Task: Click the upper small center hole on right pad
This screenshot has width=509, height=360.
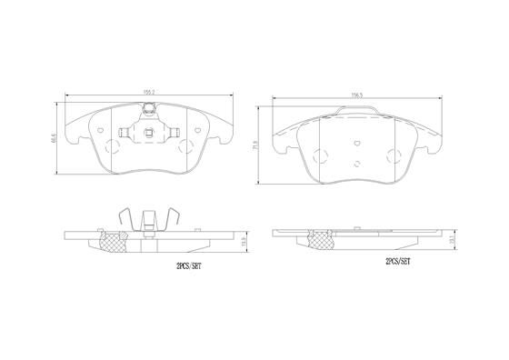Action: [x=357, y=143]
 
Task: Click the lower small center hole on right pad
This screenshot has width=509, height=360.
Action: [x=357, y=165]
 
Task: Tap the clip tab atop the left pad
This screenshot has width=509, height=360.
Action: [x=148, y=110]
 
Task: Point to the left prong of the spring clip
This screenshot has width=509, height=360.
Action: [x=125, y=219]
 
